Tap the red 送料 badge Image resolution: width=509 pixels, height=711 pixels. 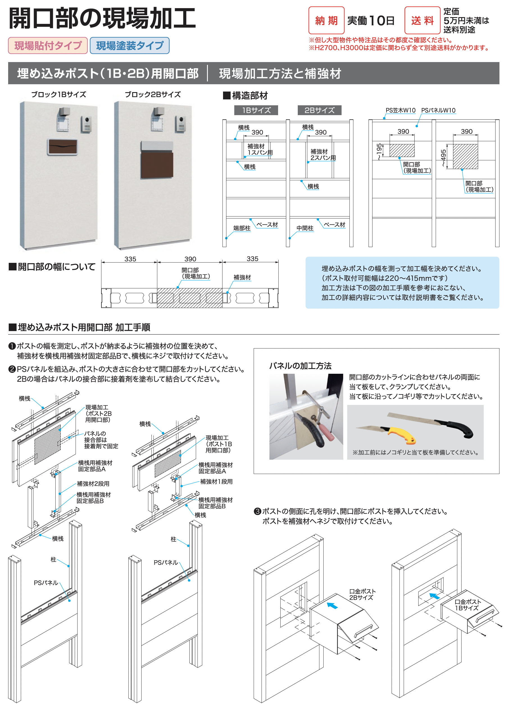point(422,20)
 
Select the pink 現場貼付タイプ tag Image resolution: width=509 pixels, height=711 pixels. point(48,45)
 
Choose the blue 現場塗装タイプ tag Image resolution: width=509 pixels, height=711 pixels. point(129,45)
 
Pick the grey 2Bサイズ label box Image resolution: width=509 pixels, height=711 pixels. point(319,110)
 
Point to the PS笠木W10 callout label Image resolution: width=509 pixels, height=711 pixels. point(400,110)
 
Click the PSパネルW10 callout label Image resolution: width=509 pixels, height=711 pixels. point(438,110)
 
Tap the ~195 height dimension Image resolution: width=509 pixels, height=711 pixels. point(380,152)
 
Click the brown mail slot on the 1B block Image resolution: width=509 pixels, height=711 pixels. point(63,147)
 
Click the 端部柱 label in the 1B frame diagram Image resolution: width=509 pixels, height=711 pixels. point(242,228)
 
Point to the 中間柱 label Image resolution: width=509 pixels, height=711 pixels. point(305,228)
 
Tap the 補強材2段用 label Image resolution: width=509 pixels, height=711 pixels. point(93,484)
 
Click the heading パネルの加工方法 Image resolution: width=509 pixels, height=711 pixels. point(300,366)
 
